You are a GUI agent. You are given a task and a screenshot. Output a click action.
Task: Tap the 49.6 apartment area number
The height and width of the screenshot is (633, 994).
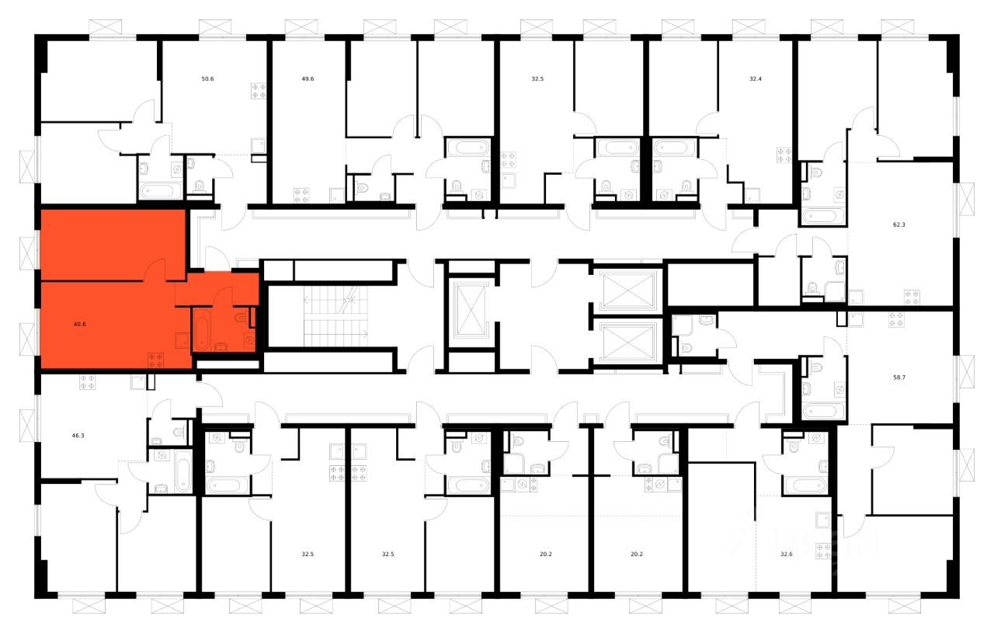(307, 78)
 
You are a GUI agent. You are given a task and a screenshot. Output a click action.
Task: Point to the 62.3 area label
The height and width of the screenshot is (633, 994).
(899, 224)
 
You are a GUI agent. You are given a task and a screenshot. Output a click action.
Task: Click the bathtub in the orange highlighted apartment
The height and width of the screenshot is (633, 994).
(200, 329)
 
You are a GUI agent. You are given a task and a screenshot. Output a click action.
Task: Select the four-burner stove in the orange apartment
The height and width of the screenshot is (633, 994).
(155, 359)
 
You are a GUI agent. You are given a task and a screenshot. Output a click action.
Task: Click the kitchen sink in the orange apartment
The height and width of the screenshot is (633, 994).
(180, 339)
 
